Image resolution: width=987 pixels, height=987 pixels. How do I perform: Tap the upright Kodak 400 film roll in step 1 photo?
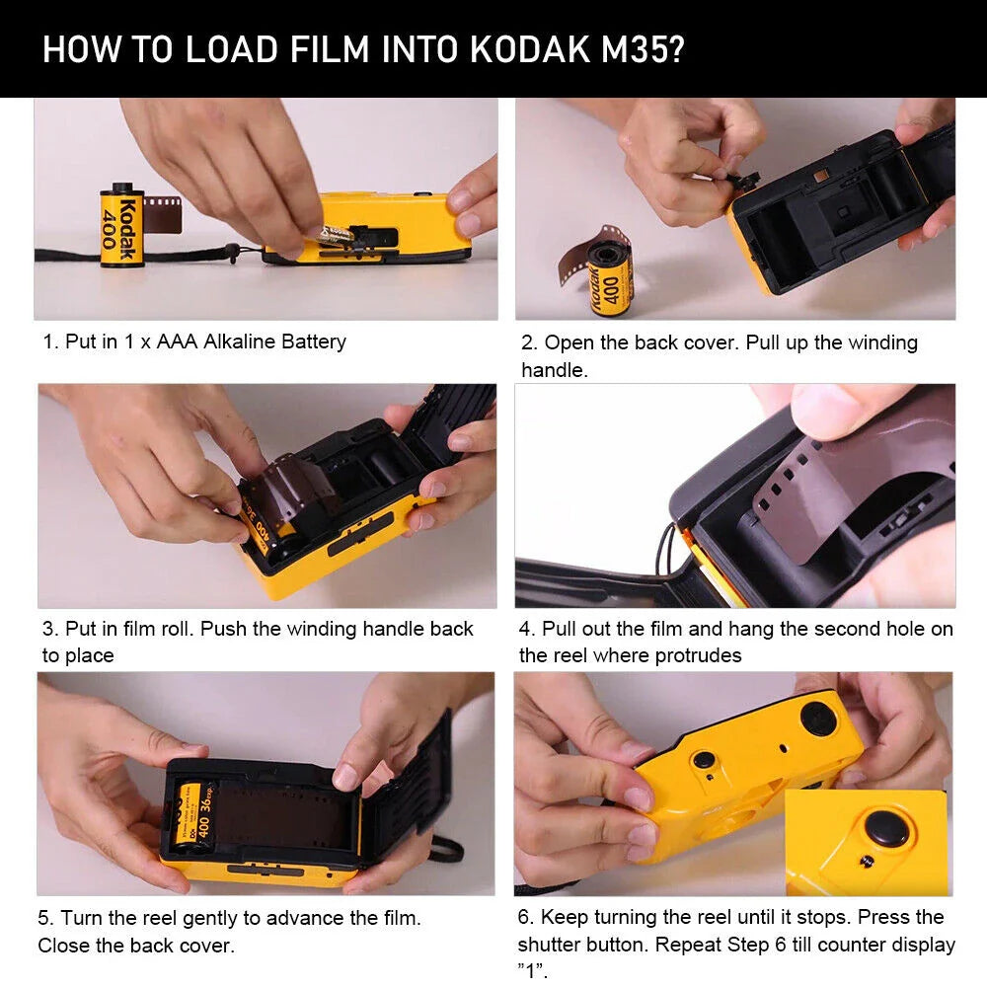point(122,226)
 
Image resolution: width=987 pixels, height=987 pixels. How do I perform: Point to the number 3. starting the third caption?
point(50,629)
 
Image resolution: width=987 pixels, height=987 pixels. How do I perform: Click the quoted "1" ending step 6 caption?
point(533,970)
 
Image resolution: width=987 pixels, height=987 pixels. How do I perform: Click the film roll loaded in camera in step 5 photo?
point(190,812)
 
